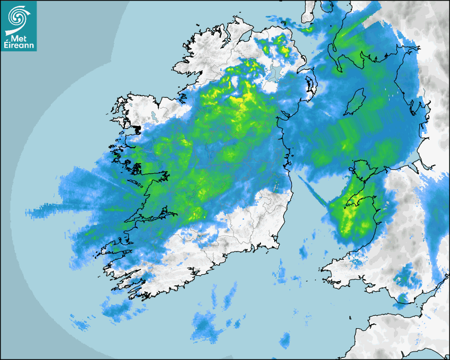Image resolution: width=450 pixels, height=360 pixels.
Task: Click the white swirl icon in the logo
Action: pyautogui.click(x=19, y=17)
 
